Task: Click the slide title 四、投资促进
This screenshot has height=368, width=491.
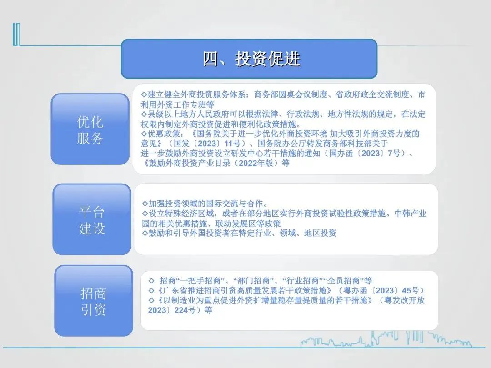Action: point(252,59)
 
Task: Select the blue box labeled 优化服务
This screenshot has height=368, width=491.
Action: point(90,129)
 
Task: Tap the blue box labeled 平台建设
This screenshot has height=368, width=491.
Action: point(92,219)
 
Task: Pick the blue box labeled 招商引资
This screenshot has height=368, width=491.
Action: point(94,301)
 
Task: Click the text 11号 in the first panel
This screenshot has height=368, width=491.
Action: point(232,144)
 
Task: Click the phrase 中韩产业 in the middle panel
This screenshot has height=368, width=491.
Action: point(410,214)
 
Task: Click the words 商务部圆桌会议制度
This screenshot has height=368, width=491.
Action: point(291,94)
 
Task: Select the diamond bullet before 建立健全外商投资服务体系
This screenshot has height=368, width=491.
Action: point(144,94)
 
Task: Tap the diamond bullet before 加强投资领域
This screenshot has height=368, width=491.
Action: point(145,204)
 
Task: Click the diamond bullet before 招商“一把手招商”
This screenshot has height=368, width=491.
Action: point(151,281)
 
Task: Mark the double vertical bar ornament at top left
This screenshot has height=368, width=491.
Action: point(17,34)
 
